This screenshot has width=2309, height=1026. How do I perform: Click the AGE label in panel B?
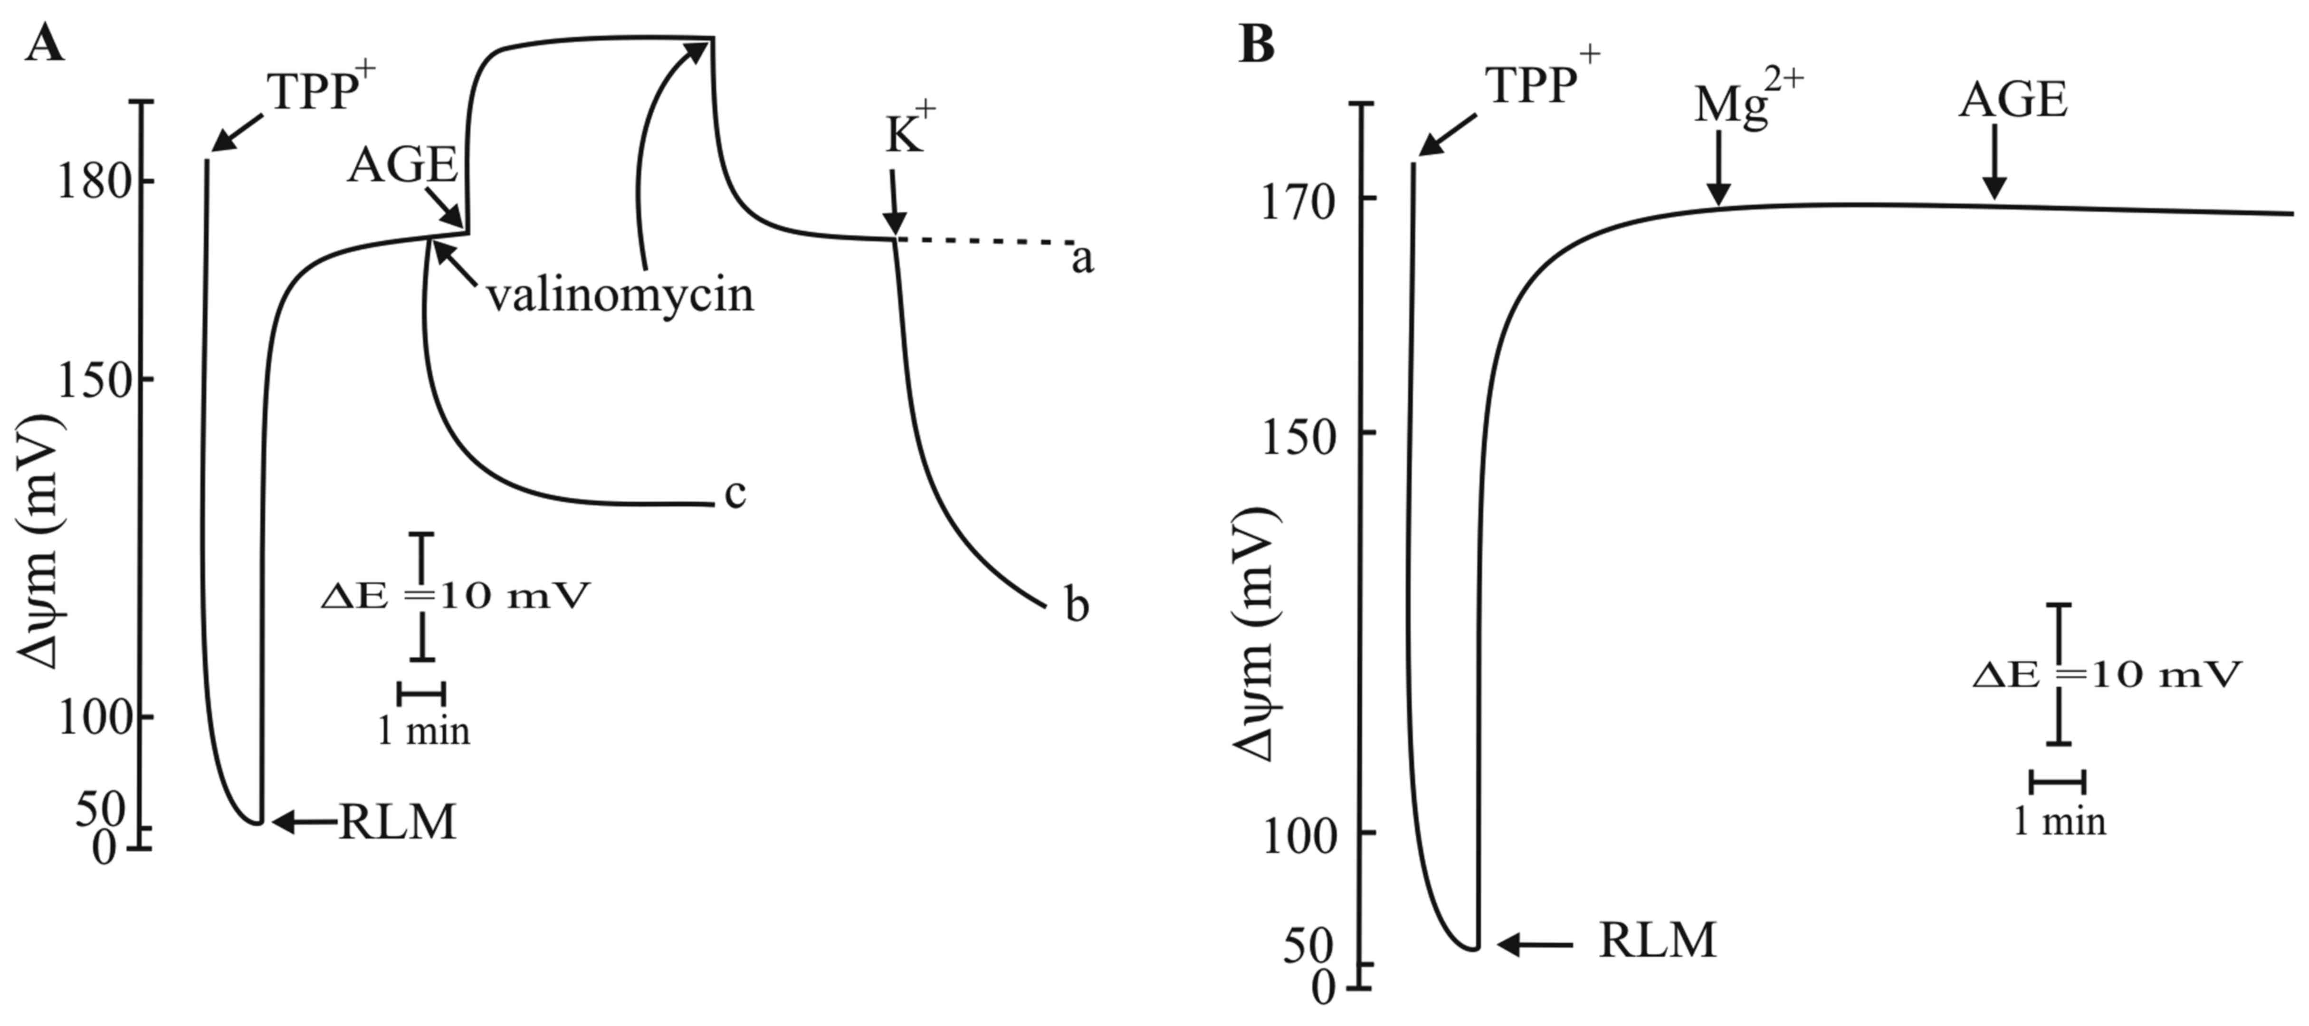pyautogui.click(x=2013, y=100)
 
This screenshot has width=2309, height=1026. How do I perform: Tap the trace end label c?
pyautogui.click(x=735, y=494)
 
